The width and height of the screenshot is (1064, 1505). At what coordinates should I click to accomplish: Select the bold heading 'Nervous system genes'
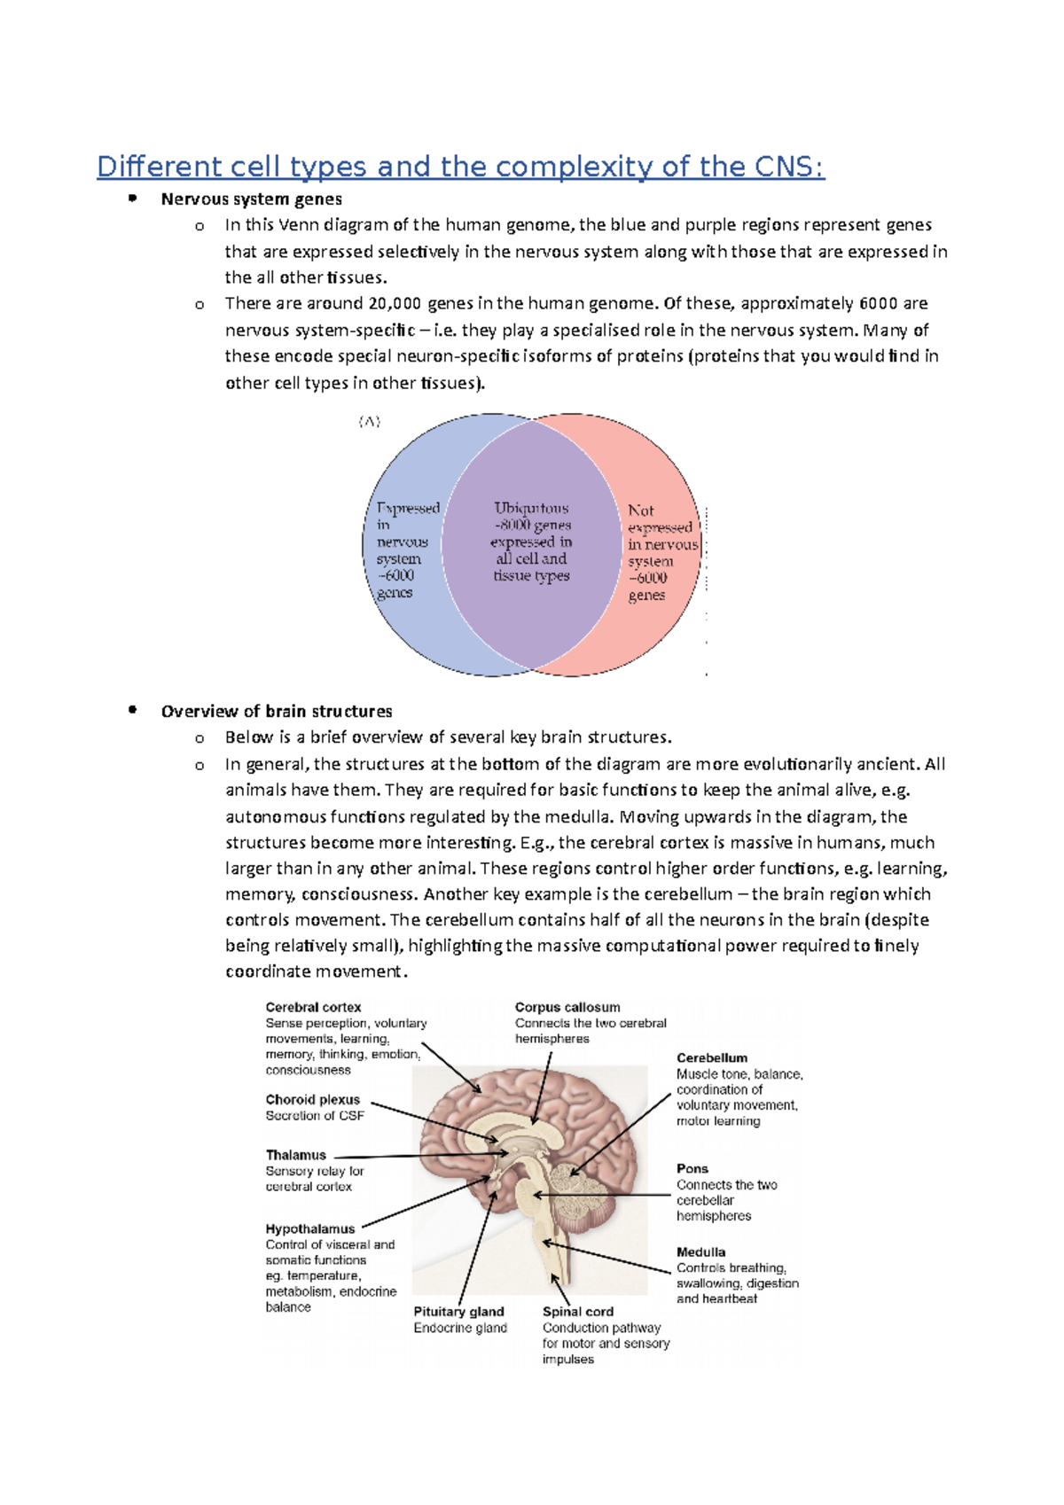point(251,199)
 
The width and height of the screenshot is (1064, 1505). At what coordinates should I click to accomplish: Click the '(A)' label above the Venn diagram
point(370,422)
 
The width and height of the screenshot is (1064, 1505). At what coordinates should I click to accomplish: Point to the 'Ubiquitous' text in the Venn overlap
point(531,509)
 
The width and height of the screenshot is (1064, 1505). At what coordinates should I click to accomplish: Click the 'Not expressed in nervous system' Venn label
point(661,552)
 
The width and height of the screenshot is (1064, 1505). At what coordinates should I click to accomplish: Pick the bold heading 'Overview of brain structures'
point(276,712)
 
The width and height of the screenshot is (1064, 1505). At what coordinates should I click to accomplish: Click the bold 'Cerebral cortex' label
point(313,1008)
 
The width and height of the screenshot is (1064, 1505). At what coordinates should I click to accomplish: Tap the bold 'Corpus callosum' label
point(567,1008)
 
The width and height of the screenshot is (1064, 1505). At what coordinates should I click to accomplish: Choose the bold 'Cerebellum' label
point(711,1058)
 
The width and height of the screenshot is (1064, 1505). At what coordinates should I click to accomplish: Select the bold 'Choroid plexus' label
point(312,1100)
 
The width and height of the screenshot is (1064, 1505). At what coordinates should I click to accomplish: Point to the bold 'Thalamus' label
point(295,1156)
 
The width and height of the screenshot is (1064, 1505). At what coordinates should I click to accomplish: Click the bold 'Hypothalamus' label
point(309,1229)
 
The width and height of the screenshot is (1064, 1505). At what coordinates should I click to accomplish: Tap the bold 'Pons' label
point(692,1169)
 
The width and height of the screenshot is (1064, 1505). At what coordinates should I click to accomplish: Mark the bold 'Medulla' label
point(700,1252)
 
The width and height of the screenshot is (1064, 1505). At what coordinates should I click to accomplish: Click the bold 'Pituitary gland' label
point(458,1312)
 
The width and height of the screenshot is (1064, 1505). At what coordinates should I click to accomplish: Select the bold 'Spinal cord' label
point(577,1312)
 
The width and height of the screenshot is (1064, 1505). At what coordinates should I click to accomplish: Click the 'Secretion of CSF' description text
point(315,1116)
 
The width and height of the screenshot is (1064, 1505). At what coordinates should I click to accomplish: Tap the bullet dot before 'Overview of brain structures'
point(132,710)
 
